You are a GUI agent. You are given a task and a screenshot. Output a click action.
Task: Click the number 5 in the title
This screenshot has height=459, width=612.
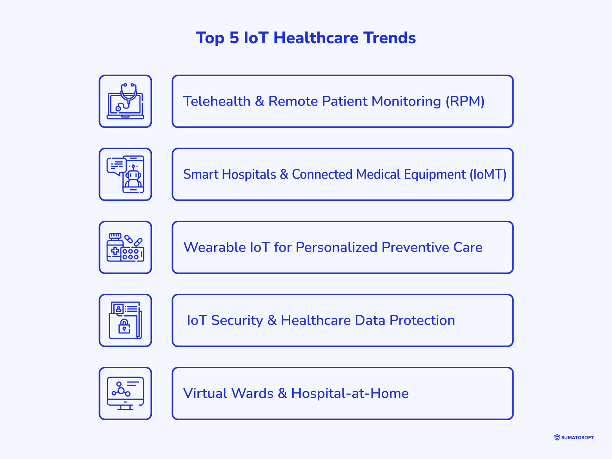tap(234, 38)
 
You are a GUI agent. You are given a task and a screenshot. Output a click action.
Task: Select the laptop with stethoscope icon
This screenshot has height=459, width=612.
tap(126, 101)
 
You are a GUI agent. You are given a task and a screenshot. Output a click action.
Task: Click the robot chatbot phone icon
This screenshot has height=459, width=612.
tap(126, 174)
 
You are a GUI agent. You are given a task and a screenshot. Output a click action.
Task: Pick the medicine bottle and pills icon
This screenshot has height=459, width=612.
tap(126, 247)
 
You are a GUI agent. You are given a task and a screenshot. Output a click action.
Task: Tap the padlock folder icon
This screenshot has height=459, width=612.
tap(126, 320)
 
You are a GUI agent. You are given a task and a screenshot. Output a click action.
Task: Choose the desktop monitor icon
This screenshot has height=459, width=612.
tap(126, 393)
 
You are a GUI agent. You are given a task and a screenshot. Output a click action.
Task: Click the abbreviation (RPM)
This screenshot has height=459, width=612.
tap(465, 101)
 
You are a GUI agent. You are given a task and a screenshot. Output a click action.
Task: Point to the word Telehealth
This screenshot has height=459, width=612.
tap(217, 101)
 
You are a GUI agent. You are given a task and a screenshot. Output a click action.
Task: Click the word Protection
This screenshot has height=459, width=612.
tap(422, 320)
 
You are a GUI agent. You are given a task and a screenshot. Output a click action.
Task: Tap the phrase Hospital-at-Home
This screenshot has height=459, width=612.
tap(350, 393)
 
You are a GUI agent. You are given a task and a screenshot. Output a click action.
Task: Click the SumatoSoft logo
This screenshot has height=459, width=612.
tap(574, 437)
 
